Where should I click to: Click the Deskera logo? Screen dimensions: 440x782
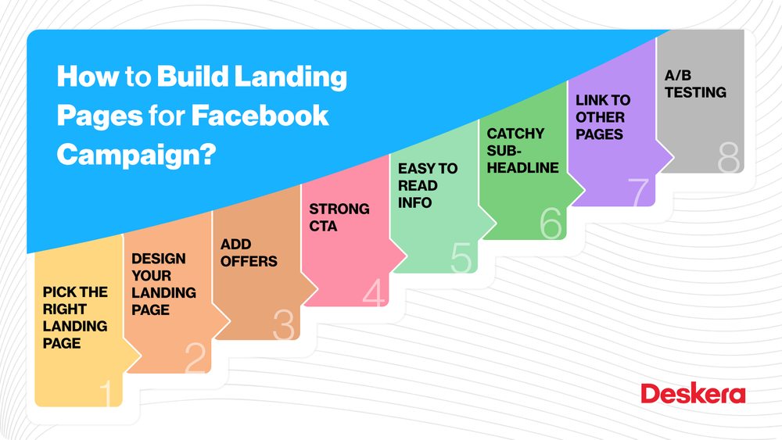pos(693,393)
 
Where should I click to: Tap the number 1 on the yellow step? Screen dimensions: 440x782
pos(109,393)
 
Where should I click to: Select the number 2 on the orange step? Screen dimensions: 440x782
pos(195,358)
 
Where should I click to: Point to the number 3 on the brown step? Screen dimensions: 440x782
pos(284,324)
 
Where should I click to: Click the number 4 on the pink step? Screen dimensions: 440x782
pos(374,292)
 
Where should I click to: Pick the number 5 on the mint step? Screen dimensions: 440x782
pos(461,257)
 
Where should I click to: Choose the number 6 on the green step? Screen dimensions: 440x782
pos(551,223)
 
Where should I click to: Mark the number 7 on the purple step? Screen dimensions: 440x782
pos(640,191)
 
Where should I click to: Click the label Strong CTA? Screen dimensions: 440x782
pos(339,217)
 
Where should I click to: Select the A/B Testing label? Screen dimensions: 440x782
pos(695,84)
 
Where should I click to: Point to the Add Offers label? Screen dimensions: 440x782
pos(249,252)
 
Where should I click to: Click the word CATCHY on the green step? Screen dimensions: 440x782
pos(515,134)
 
